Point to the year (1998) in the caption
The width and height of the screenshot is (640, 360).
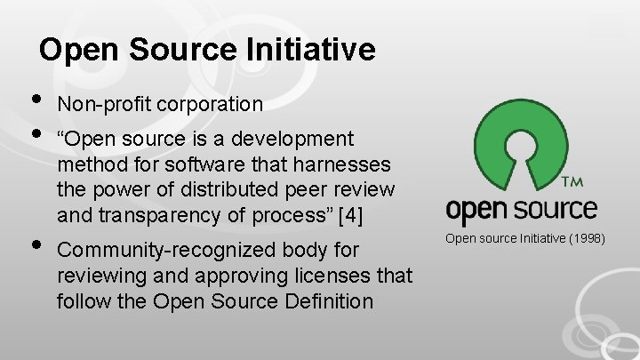[x=584, y=238]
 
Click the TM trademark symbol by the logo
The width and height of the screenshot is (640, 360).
[x=572, y=182]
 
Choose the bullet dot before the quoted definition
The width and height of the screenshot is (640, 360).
[x=35, y=136]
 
